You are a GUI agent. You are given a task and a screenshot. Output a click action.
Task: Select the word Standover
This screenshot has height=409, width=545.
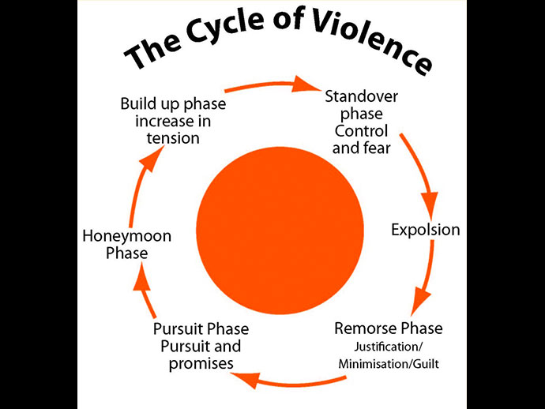pyautogui.click(x=362, y=97)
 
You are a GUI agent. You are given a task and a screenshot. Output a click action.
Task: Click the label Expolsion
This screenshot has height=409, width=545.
pyautogui.click(x=426, y=231)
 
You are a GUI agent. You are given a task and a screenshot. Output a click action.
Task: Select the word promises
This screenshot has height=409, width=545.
pyautogui.click(x=201, y=363)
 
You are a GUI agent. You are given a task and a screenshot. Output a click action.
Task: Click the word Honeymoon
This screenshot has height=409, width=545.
pyautogui.click(x=127, y=236)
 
